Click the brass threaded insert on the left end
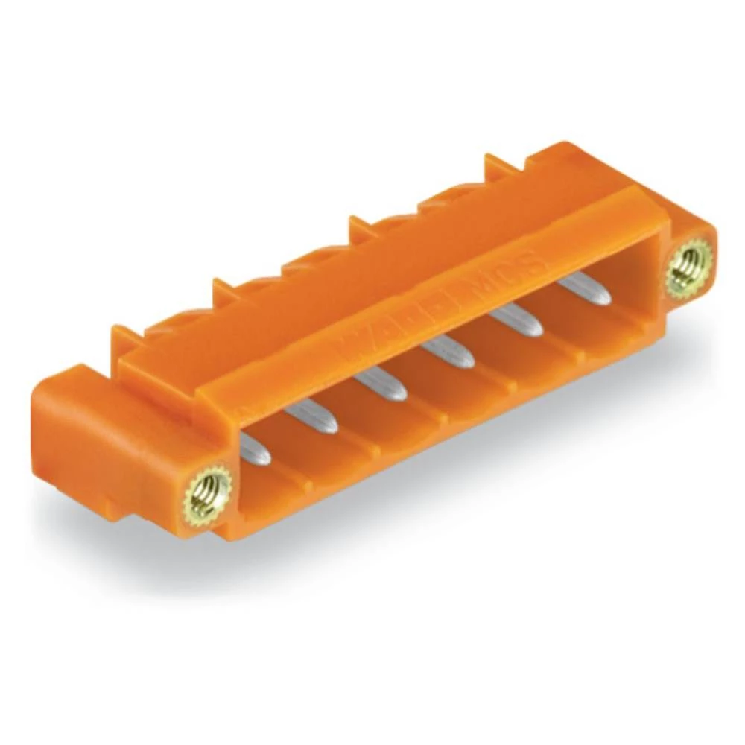pos(208,491)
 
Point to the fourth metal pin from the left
pos(447,350)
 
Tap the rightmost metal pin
pos(584,286)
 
